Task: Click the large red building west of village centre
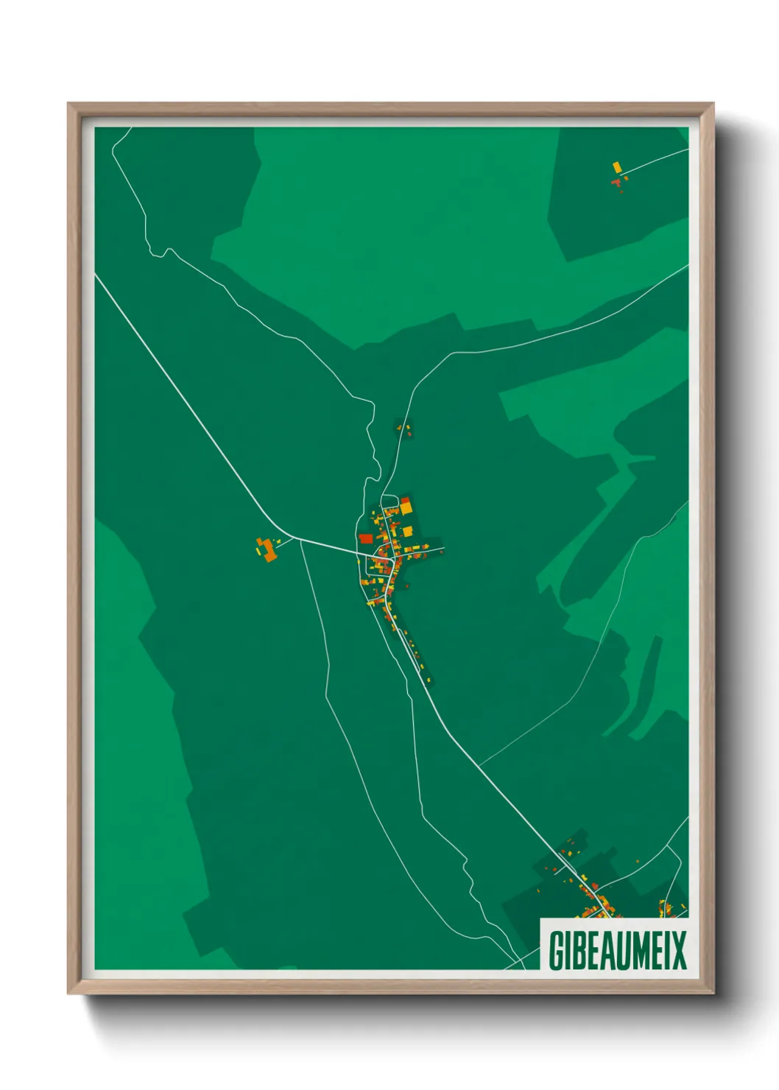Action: (x=366, y=538)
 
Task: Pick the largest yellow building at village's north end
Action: (x=406, y=507)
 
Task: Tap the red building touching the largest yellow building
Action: (x=405, y=500)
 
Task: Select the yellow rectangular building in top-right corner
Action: (x=617, y=168)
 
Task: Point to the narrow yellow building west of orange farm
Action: (x=258, y=547)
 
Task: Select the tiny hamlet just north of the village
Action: (x=403, y=428)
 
